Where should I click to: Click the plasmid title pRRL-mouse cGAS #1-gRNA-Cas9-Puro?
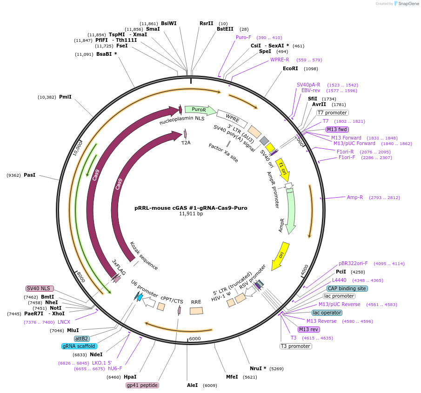(x=191, y=208)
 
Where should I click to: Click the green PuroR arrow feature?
(x=200, y=110)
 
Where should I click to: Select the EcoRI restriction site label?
(x=290, y=68)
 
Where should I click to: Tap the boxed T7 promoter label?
(x=332, y=113)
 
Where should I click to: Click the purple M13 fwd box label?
(x=337, y=129)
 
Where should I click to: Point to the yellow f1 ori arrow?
(x=282, y=170)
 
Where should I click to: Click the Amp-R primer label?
(x=354, y=197)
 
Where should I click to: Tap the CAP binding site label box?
(x=347, y=288)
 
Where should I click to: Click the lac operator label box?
(x=327, y=313)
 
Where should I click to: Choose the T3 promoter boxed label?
(x=295, y=346)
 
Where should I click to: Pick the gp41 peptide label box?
(x=142, y=385)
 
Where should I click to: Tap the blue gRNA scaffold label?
(x=79, y=346)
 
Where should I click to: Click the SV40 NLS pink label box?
(x=40, y=288)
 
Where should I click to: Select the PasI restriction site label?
(x=29, y=175)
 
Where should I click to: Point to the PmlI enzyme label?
(x=65, y=97)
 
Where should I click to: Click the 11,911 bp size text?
(x=191, y=214)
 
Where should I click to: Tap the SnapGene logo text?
(x=406, y=4)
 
